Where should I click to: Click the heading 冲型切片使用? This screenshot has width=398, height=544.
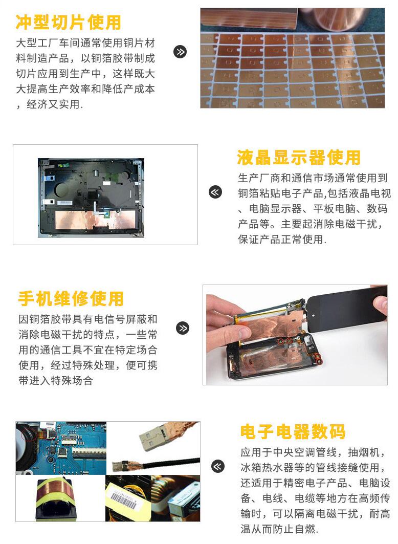69,22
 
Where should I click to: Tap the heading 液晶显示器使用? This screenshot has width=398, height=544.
299,158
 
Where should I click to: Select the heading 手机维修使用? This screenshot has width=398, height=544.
71,298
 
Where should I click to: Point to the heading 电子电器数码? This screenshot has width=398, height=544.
293,431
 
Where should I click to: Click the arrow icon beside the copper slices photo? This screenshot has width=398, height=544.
180,52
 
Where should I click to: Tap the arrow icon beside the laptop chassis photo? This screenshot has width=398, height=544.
215,192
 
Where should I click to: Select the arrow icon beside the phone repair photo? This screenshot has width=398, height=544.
183,328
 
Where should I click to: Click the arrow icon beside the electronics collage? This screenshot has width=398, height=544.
218,466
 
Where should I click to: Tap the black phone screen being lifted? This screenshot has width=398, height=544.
347,308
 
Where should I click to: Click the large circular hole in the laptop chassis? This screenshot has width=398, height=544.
66,188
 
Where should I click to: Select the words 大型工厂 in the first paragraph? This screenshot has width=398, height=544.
37,43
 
